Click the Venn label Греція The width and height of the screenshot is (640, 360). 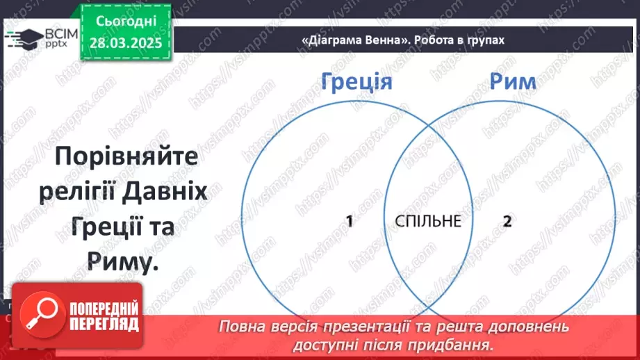pyautogui.click(x=357, y=82)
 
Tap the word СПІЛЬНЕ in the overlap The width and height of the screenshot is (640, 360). pyautogui.click(x=427, y=222)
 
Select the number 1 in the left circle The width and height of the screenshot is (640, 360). pyautogui.click(x=350, y=222)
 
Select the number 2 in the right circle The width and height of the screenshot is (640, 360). pyautogui.click(x=507, y=222)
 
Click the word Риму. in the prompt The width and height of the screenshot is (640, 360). pyautogui.click(x=120, y=261)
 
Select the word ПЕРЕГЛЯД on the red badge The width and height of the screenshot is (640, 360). pyautogui.click(x=104, y=324)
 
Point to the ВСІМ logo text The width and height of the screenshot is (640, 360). pyautogui.click(x=58, y=33)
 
